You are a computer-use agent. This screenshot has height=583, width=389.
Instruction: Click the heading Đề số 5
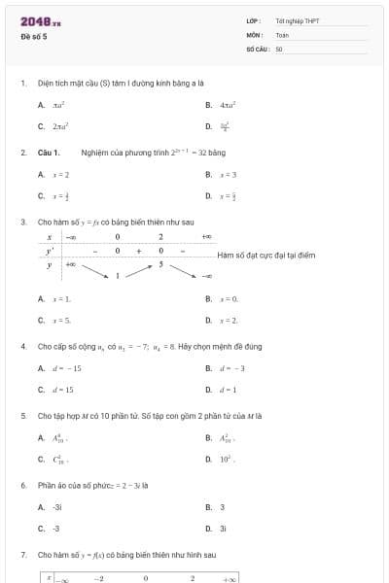pyautogui.click(x=33, y=37)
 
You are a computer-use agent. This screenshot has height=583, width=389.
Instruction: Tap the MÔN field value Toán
pyautogui.click(x=282, y=34)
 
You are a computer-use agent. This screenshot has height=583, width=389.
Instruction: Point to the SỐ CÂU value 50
pyautogui.click(x=278, y=48)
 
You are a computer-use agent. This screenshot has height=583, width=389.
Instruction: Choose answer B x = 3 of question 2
pyautogui.click(x=229, y=175)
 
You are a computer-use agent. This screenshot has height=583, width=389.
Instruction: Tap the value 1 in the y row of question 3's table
pyautogui.click(x=118, y=276)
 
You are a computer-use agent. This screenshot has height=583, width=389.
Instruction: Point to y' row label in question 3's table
pyautogui.click(x=49, y=250)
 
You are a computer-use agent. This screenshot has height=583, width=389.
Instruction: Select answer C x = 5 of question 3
pyautogui.click(x=61, y=320)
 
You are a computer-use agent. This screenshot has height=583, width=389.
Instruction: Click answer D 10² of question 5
pyautogui.click(x=229, y=460)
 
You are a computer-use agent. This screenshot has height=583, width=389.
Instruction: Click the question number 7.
pyautogui.click(x=22, y=554)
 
